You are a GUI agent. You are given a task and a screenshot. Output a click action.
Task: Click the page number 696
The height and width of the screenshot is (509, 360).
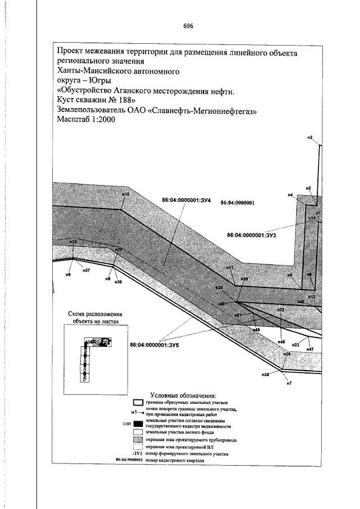(188, 26)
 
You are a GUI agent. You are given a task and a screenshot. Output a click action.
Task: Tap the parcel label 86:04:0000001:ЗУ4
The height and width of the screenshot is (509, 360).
(186, 200)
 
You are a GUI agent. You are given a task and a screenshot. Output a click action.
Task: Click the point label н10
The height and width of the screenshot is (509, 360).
(125, 194)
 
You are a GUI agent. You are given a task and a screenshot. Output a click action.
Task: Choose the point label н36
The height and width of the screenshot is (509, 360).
(118, 282)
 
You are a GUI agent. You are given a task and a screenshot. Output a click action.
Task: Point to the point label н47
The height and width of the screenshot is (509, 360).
(309, 349)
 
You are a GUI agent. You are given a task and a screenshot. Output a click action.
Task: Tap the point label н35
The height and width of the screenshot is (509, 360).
(265, 374)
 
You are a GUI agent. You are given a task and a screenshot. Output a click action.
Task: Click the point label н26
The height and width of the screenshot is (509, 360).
(286, 354)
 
